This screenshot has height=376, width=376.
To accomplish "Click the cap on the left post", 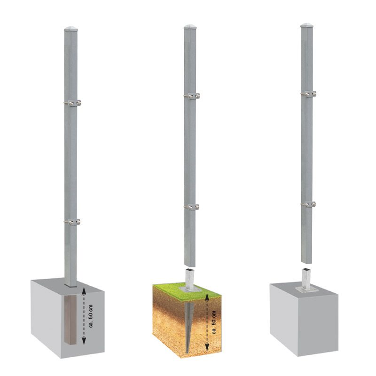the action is coord(71,29).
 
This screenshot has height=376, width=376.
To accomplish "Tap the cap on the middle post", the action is coord(190,26).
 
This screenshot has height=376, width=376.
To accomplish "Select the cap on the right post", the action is coord(307,25).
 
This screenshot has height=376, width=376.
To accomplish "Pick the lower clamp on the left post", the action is coord(72,222).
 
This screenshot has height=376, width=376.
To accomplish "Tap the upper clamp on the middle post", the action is coord(192,96).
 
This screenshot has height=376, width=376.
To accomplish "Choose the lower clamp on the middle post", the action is coord(192,207).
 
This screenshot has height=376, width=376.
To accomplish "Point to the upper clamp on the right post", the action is coord(308,94).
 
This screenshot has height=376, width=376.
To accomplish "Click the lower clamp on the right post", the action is coord(308,204).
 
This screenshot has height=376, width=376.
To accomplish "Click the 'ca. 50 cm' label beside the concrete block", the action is coord(91,316).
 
